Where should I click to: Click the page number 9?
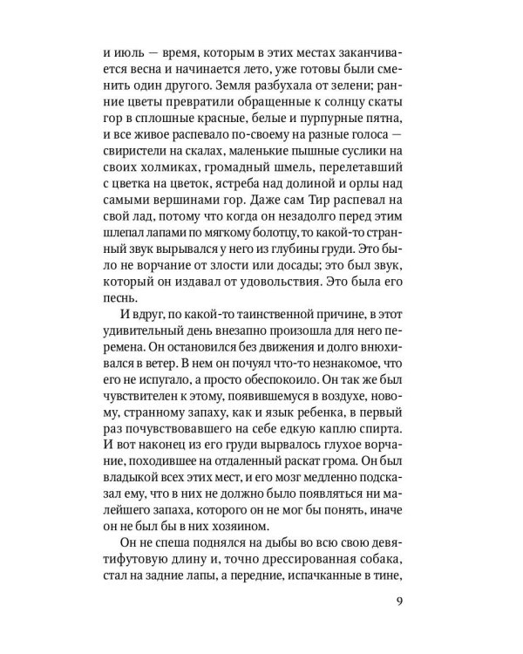tap(423, 599)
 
